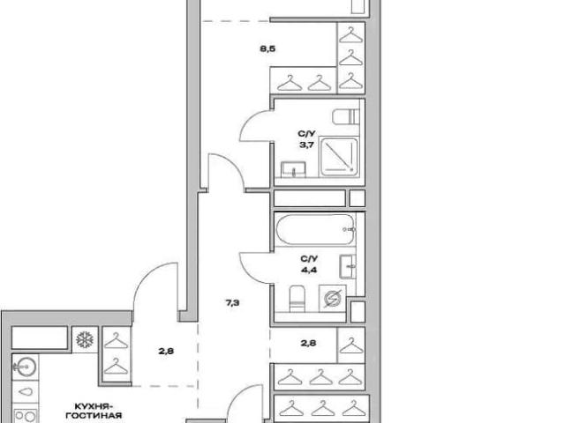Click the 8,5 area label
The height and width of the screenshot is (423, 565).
[267, 48]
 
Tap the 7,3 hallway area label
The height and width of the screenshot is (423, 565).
[232, 303]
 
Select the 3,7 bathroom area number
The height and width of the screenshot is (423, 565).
[306, 145]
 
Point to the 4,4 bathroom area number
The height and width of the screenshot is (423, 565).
[309, 270]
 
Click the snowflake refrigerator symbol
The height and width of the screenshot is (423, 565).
[85, 339]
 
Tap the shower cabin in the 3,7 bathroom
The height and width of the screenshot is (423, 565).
[339, 157]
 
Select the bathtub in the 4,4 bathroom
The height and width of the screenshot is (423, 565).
[315, 229]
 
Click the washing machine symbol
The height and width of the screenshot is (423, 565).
[332, 299]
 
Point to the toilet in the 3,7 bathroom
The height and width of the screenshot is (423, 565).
[346, 117]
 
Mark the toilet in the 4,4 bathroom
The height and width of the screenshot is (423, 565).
[298, 299]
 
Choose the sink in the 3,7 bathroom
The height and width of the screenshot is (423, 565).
[293, 169]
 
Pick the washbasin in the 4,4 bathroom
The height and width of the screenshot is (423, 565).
[348, 266]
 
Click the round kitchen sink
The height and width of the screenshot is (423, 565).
[26, 367]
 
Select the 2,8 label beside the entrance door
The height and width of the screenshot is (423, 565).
[166, 351]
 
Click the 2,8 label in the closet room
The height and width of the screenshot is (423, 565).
[309, 343]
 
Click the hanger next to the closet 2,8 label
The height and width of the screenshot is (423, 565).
[351, 345]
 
